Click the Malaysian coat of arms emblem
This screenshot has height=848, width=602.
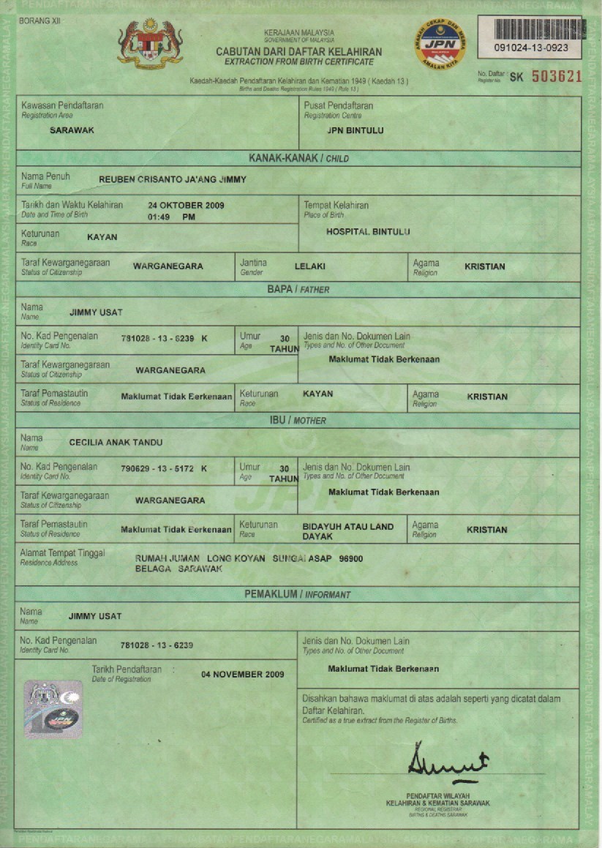(150, 44)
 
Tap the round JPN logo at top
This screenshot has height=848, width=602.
(440, 45)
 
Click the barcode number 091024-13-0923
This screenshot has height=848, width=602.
(527, 48)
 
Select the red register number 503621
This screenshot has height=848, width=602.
(556, 76)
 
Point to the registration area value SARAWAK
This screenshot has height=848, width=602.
(72, 130)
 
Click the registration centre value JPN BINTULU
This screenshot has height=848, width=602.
(355, 131)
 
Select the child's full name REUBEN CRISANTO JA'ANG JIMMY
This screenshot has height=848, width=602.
(173, 179)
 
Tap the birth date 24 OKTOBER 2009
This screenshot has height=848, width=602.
(186, 206)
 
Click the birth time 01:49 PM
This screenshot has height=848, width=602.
(171, 217)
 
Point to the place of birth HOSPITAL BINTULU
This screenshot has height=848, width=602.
(368, 232)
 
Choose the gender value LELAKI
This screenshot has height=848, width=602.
(309, 267)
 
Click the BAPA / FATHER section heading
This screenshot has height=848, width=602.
(298, 290)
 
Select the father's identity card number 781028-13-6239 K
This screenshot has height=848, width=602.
(164, 338)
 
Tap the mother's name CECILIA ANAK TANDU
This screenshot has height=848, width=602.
(116, 442)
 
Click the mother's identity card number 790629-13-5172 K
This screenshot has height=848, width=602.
(164, 468)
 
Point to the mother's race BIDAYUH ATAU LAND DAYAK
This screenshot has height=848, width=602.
(347, 531)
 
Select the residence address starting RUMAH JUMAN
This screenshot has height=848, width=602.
(249, 563)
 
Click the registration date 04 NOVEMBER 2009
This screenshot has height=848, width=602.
(242, 675)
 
